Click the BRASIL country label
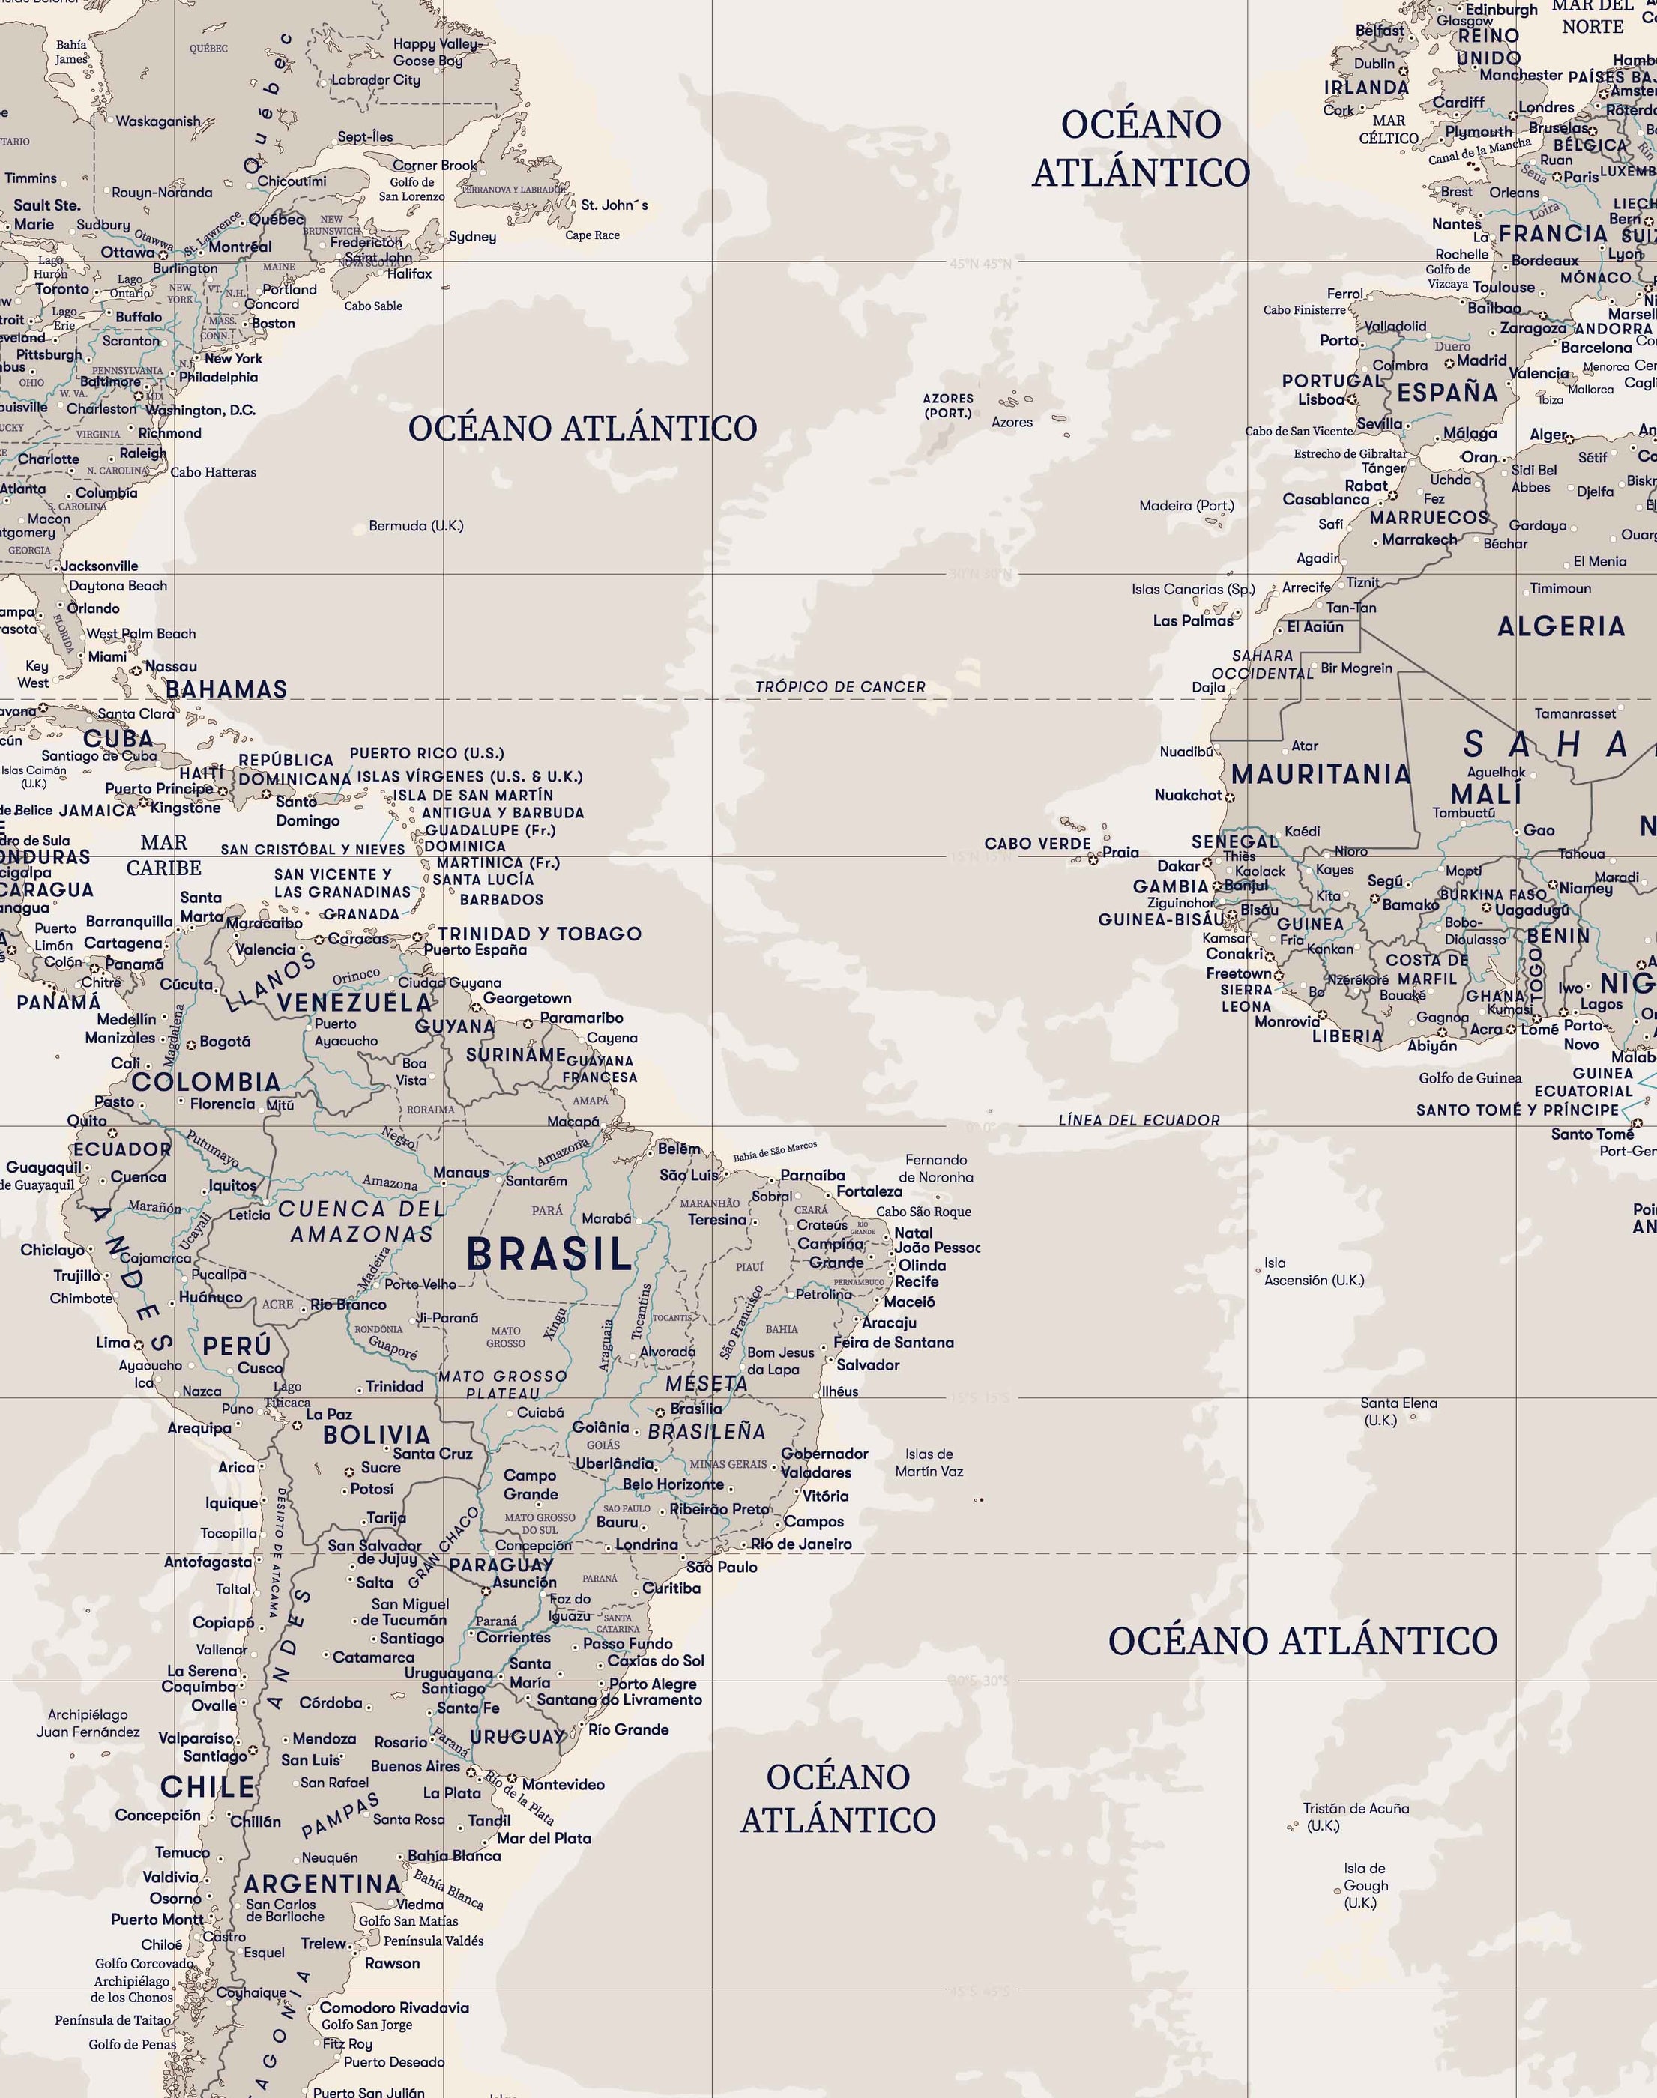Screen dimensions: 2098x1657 pos(549,1254)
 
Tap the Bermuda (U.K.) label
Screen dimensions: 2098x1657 pos(416,526)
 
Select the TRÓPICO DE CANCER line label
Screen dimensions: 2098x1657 pos(840,687)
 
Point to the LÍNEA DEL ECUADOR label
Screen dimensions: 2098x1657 pos(1139,1120)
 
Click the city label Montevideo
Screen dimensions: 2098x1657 pos(563,1784)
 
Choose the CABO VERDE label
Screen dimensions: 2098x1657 pos(1037,843)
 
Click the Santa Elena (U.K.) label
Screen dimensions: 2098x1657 pos(1398,1411)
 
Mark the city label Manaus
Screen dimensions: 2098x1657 pos(461,1172)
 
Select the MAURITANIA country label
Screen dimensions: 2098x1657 pos(1321,773)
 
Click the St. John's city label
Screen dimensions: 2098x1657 pos(614,205)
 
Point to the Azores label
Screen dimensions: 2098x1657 pos(1012,422)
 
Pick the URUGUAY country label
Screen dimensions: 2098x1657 pos(517,1736)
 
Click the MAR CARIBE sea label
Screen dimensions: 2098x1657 pos(164,854)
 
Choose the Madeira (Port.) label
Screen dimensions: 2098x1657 pos(1186,505)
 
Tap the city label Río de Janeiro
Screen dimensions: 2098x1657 pos(801,1544)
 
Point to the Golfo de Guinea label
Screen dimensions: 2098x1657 pos(1470,1077)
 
